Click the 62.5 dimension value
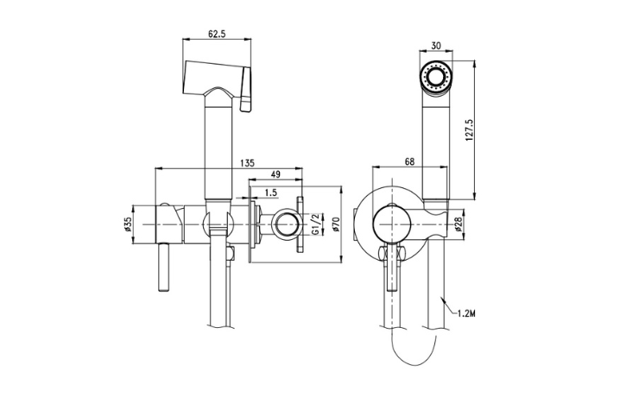point(217,34)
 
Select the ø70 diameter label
point(338,225)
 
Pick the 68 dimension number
point(408,161)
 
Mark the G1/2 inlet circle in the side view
point(285,226)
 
